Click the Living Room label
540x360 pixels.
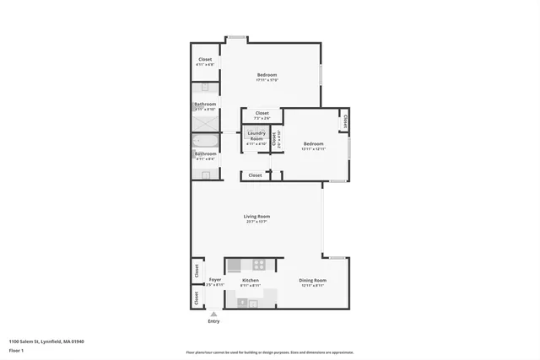tap(256, 217)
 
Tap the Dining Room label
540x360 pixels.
tap(312, 280)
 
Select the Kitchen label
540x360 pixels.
tap(251, 280)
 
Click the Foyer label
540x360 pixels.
tap(215, 279)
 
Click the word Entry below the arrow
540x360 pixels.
tap(213, 321)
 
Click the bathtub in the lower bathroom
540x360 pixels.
tap(205, 140)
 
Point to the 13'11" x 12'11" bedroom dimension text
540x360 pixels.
tap(314, 148)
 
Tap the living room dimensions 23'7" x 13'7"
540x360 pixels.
tap(256, 223)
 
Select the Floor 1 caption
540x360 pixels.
tap(17, 349)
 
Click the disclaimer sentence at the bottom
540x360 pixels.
tap(269, 352)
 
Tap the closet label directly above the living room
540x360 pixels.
tap(254, 175)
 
